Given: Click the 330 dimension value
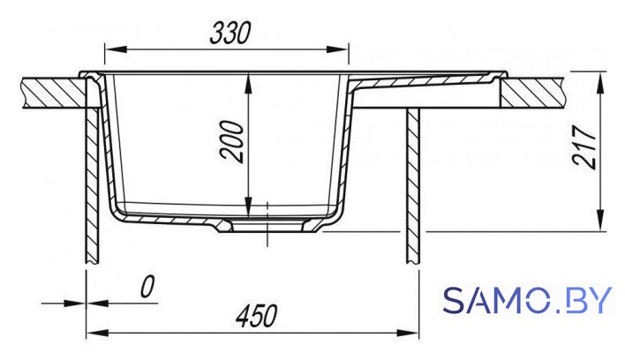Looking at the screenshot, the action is [230, 33].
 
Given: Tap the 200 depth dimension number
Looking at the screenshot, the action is [232, 141].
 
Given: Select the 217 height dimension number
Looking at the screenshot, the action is [584, 147].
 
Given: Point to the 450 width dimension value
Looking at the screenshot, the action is [256, 316].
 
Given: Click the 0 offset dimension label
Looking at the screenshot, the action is [147, 287].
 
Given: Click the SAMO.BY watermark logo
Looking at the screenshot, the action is [526, 300].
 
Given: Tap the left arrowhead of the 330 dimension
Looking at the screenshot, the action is [116, 49].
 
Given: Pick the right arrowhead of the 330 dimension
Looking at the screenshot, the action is [337, 49].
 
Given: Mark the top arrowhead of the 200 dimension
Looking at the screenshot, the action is [248, 84].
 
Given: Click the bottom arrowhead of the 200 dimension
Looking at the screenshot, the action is [248, 206].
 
